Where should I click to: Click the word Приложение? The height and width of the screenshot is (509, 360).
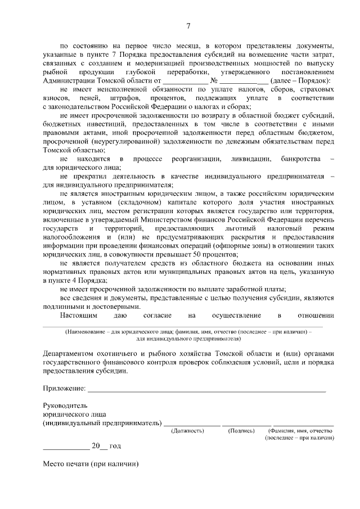point(64,388)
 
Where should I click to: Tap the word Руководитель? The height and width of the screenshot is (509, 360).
point(65,405)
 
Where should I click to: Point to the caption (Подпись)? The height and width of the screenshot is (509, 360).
point(242,430)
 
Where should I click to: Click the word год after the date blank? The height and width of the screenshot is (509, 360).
point(115,446)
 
